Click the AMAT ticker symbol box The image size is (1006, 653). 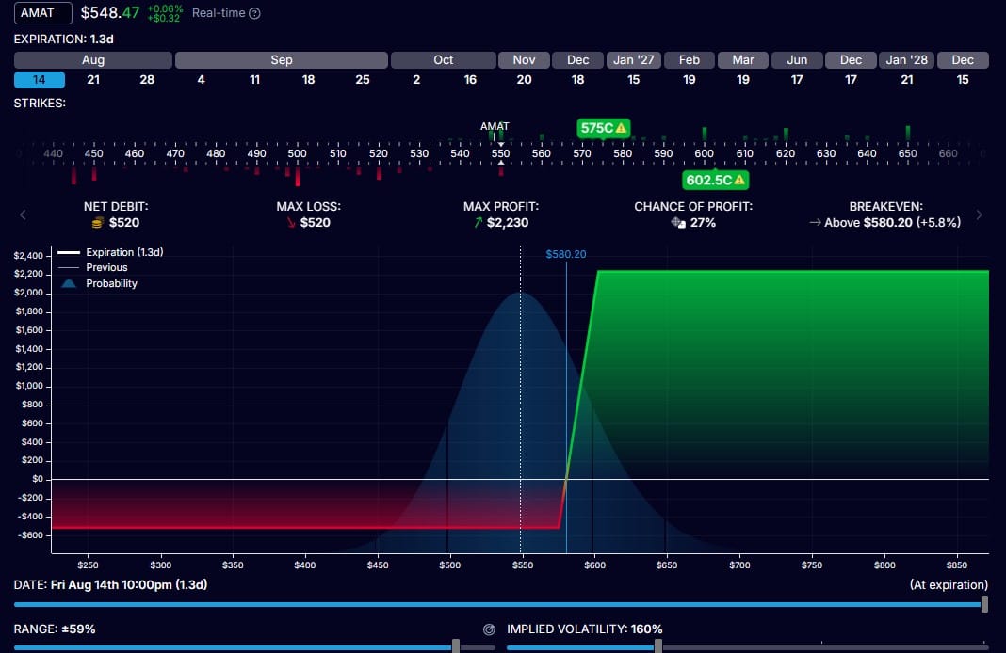pos(43,13)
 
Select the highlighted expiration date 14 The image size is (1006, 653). pos(40,79)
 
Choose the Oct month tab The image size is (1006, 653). pos(444,59)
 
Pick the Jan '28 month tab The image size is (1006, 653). pos(906,59)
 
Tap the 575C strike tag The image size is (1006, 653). pos(603,128)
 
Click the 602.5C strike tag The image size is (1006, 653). pos(715,180)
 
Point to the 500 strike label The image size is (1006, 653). pos(297,153)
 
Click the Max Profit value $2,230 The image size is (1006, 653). pos(508,222)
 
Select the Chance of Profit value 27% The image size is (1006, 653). pos(703,222)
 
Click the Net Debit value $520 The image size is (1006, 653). pos(123,222)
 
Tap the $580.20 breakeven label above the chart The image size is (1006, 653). pos(566,254)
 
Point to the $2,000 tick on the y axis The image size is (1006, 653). pos(29,293)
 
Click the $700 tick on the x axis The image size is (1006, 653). pos(739,565)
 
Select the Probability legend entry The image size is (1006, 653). pos(99,283)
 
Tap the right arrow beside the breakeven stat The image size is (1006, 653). pos(979,215)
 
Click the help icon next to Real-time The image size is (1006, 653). pos(254,13)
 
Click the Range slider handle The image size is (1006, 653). pos(456,646)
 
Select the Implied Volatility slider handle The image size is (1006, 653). pos(658,646)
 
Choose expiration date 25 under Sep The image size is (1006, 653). pos(363,79)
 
